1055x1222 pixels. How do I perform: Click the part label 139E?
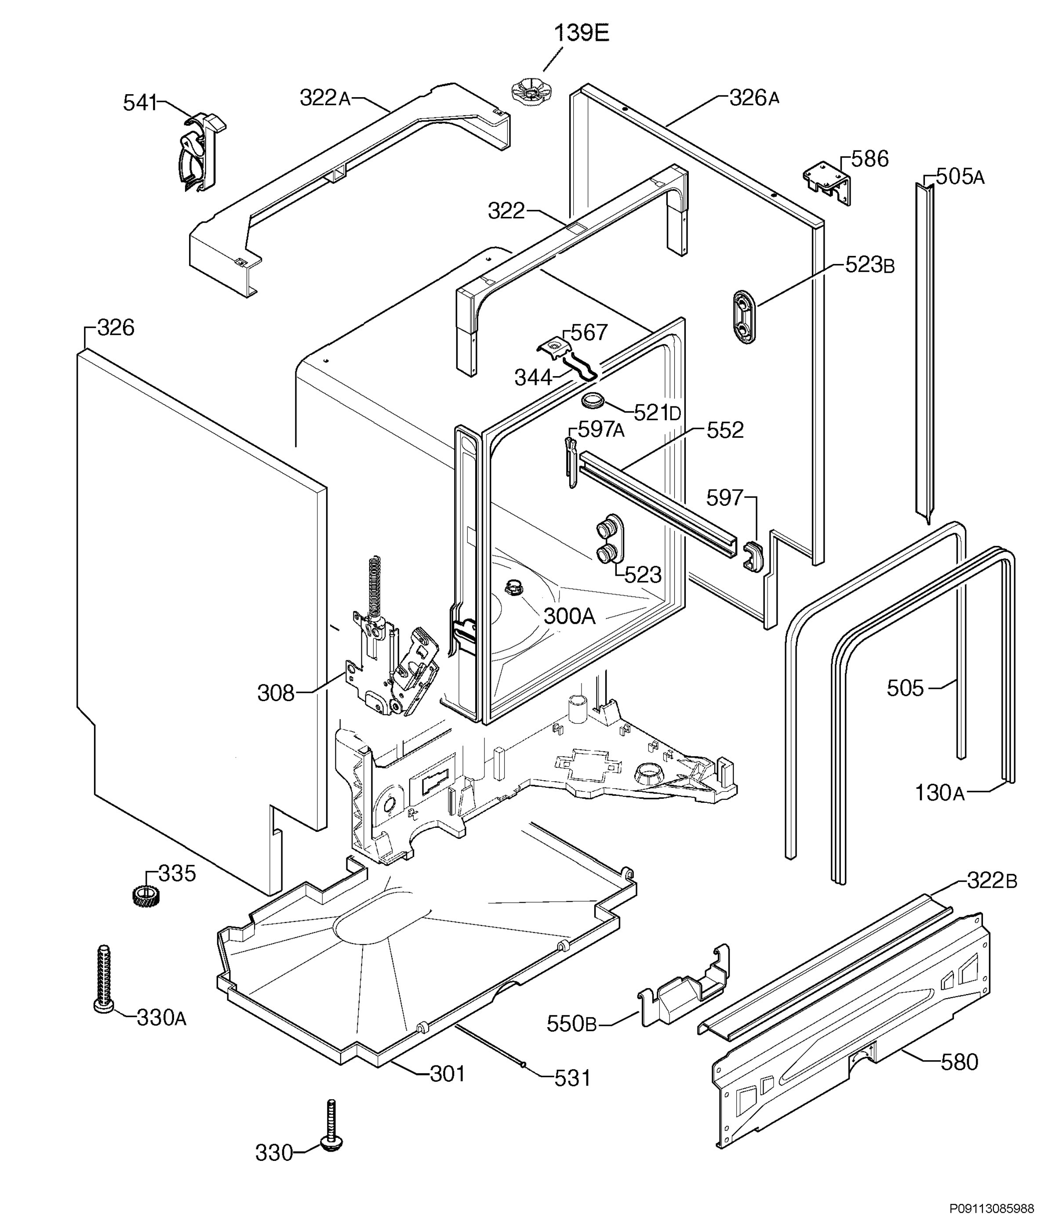click(581, 33)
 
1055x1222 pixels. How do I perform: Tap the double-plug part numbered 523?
click(608, 539)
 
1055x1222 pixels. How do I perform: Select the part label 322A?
click(325, 98)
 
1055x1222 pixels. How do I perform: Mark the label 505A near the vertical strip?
click(960, 176)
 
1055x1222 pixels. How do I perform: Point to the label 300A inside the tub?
click(569, 616)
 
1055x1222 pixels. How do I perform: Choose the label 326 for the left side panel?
click(116, 327)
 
